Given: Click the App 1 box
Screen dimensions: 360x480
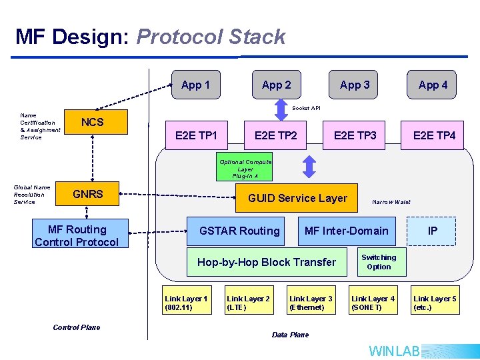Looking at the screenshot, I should click(x=195, y=85).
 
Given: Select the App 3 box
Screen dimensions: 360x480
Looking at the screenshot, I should click(x=354, y=85).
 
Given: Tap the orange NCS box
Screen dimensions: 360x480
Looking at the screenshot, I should click(x=92, y=123).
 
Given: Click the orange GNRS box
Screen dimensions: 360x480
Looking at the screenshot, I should click(x=87, y=195).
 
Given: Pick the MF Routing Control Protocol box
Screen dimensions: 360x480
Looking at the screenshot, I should click(x=77, y=236).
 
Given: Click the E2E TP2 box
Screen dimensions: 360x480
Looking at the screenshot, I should click(x=275, y=135).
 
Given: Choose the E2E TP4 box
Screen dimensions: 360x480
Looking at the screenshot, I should click(x=434, y=135).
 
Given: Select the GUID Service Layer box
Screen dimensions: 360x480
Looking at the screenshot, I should click(x=297, y=198).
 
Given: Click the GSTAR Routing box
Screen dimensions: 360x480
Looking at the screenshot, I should click(x=239, y=231).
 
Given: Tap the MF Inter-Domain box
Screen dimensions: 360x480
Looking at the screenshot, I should click(x=346, y=231).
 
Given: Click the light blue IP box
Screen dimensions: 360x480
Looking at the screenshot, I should click(x=432, y=231).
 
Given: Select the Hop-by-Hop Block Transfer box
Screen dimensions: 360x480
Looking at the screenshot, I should click(x=267, y=262).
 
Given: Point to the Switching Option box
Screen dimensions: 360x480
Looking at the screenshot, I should click(x=379, y=262).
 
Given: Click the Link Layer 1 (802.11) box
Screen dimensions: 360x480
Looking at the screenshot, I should click(x=186, y=303).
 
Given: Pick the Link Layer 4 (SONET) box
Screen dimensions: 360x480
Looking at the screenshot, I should click(x=373, y=303).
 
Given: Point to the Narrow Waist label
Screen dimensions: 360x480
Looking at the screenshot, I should click(x=391, y=202).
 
